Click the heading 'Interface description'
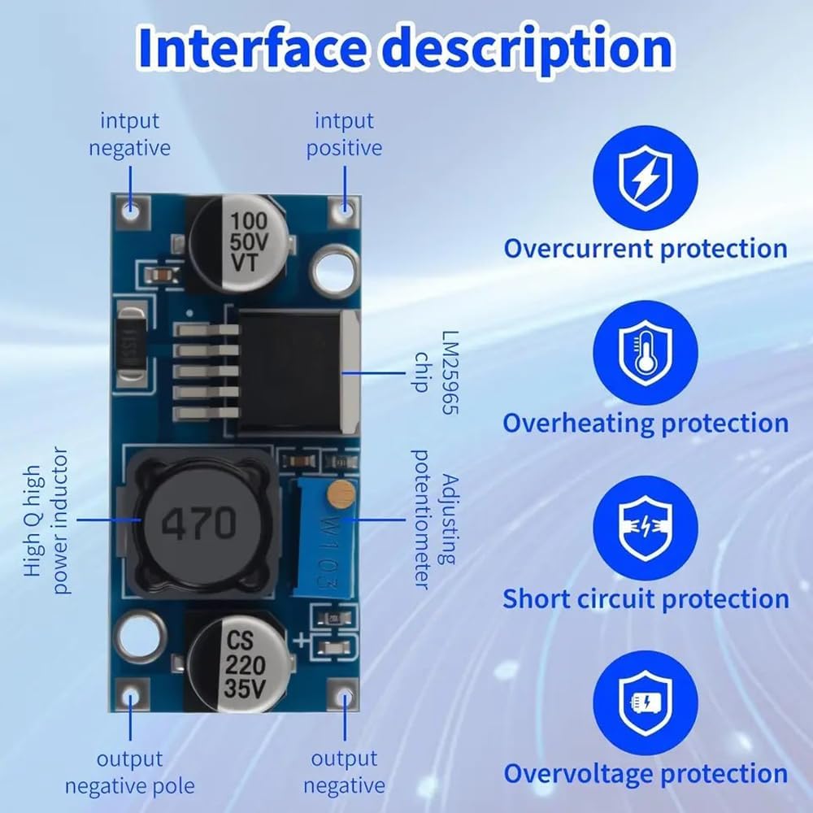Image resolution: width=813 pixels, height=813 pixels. [406, 50]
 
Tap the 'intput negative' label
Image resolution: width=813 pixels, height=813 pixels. [129, 134]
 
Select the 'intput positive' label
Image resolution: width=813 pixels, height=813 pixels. [344, 134]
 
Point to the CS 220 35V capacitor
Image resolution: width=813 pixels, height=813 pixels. [238, 663]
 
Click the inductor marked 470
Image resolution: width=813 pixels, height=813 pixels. [199, 523]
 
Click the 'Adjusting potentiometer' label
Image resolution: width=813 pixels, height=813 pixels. [435, 520]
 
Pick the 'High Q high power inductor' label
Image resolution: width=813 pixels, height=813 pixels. [46, 520]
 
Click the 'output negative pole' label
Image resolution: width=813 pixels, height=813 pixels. [129, 772]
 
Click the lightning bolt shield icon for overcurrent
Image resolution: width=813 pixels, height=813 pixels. [646, 178]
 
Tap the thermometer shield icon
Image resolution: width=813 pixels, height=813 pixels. [646, 353]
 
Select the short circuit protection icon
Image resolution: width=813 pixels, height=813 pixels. [646, 528]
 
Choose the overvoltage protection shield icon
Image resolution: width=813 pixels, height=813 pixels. [646, 702]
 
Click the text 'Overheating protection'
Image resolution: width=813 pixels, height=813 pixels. [646, 423]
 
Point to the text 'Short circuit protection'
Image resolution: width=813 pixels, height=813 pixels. [646, 598]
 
